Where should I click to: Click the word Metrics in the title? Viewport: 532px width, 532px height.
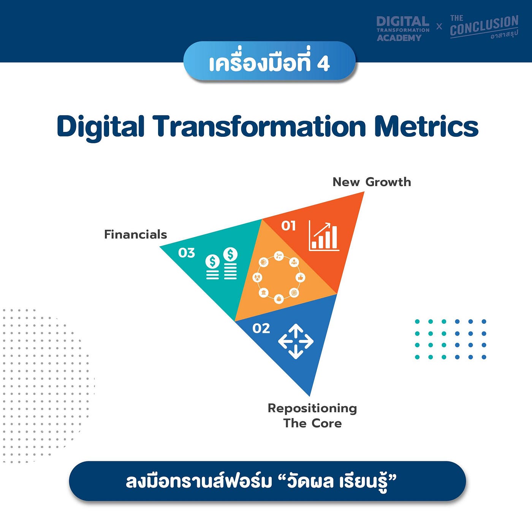(426, 127)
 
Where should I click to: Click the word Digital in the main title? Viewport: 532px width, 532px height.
(101, 127)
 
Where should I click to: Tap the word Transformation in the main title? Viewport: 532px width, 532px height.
(259, 127)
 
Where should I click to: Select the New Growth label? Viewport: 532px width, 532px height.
(372, 182)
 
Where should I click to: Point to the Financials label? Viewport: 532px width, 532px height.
(136, 234)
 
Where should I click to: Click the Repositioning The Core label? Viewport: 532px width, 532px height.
(312, 416)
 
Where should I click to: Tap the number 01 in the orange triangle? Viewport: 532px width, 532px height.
(288, 226)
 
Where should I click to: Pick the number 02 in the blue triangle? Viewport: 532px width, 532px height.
(261, 328)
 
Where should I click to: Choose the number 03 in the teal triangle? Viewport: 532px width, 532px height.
(187, 253)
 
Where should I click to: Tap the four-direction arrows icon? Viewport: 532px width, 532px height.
(296, 341)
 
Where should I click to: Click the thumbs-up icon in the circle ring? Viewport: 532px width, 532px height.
(301, 277)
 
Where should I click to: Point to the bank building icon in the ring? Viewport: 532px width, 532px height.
(264, 293)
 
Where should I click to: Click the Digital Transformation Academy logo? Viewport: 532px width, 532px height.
(403, 28)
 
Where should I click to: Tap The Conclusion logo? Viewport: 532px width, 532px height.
(484, 27)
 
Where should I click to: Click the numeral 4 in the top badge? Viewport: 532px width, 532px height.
(323, 63)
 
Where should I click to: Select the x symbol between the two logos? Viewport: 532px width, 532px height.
(439, 27)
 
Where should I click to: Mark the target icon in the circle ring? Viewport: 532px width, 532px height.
(294, 293)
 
